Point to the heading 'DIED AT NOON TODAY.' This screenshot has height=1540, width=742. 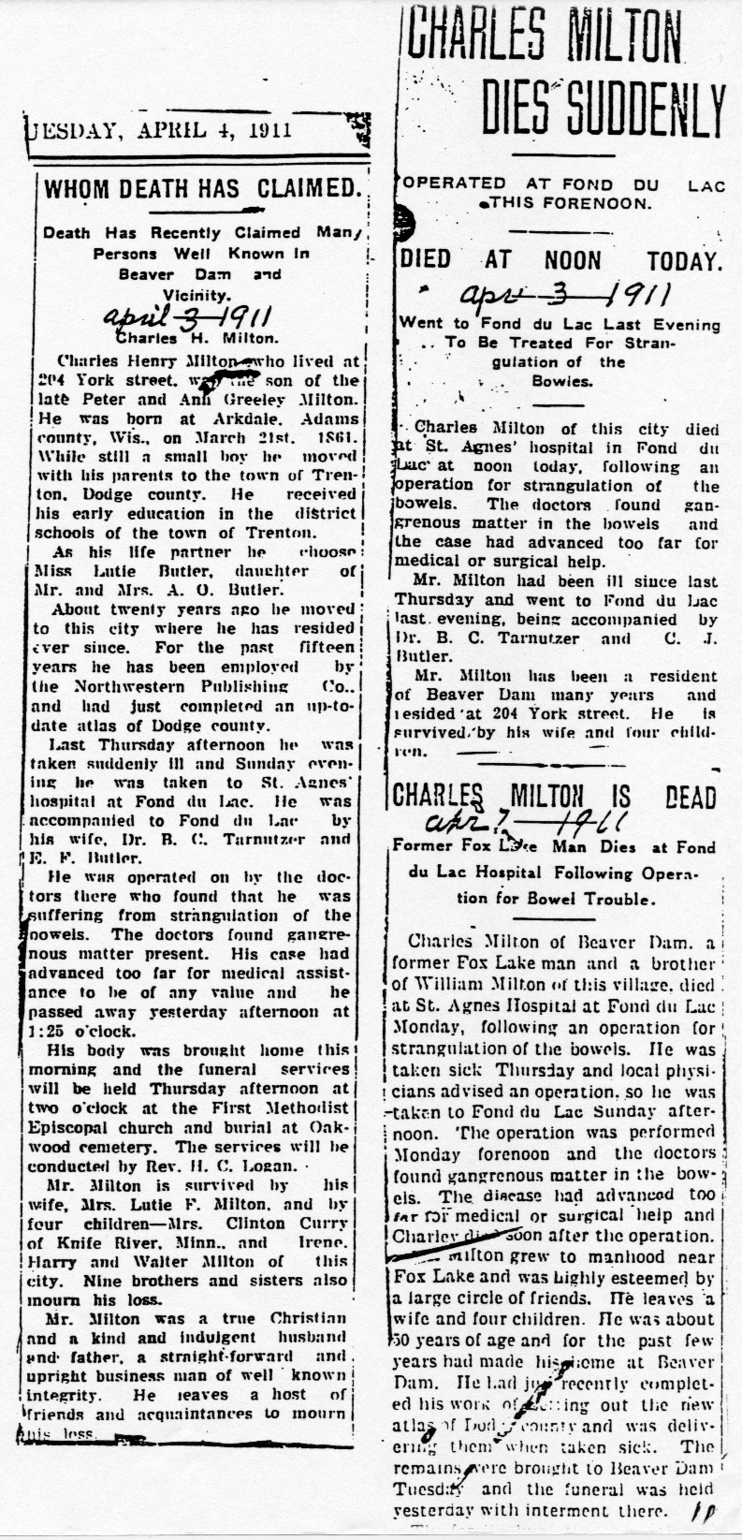[561, 260]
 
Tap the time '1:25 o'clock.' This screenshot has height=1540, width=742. [73, 1031]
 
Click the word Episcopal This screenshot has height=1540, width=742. [71, 1127]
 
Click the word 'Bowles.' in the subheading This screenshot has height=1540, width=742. [561, 382]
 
